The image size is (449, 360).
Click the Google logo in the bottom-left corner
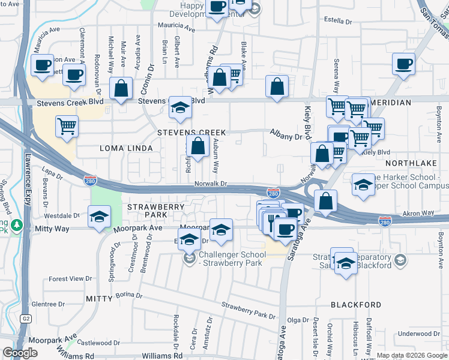[x=20, y=353]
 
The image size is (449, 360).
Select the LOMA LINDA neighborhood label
[x=126, y=148]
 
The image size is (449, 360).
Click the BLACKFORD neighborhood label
[x=356, y=305]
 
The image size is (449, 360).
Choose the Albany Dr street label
[x=286, y=137]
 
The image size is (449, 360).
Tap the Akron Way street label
[x=418, y=212]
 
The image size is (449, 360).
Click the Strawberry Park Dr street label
[x=248, y=311]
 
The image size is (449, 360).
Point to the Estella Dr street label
[x=337, y=20]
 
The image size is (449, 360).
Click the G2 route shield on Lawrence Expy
[x=25, y=318]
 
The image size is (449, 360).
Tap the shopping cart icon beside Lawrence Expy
[x=67, y=127]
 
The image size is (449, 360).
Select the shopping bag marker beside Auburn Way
[x=197, y=145]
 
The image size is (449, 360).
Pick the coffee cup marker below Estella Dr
[x=404, y=63]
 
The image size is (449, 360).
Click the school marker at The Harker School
[x=363, y=185]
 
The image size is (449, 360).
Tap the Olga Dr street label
[x=298, y=320]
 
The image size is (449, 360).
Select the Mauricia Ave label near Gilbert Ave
[x=176, y=28]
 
